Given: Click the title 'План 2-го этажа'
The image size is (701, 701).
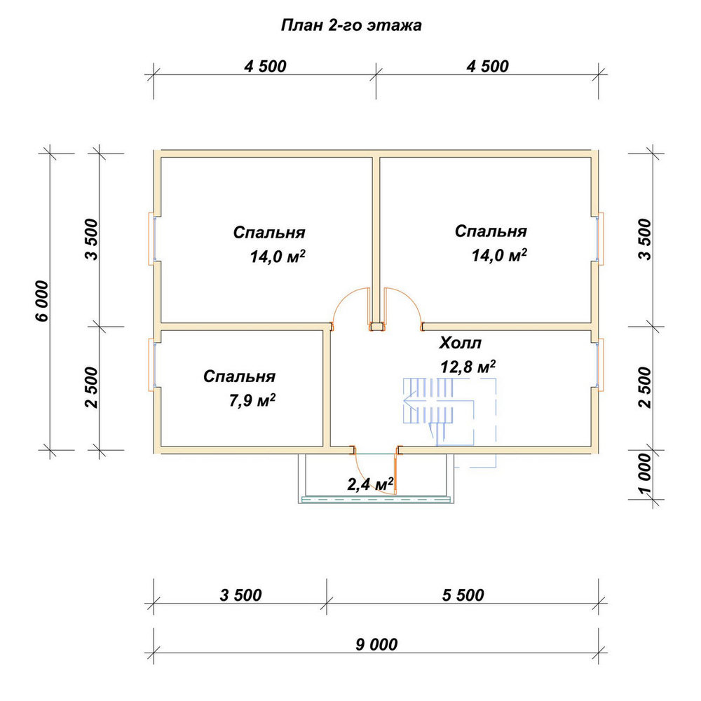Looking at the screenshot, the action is tap(351, 25).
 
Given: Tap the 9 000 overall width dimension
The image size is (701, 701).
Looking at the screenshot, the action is tap(376, 644).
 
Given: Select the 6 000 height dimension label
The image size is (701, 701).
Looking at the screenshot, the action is tap(41, 301).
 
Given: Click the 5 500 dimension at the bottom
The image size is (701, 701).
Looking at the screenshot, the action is tap(463, 595).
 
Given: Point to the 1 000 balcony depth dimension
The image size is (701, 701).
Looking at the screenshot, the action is tap(646, 474).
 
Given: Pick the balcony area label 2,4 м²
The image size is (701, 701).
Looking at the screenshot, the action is tap(371, 484).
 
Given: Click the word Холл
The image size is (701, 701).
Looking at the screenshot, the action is tap(461, 343).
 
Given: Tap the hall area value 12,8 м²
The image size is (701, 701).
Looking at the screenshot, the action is tap(468, 367).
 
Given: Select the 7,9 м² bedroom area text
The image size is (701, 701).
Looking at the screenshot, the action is tap(252, 400).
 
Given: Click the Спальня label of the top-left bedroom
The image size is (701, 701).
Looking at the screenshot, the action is tap(269, 233).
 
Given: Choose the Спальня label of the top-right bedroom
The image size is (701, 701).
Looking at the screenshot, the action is tap(491, 231).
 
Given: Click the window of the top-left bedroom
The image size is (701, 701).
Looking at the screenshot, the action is tap(152, 239).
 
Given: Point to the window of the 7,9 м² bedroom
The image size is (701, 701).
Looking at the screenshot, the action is tap(152, 365).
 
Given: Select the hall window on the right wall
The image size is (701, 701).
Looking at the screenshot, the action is tap(601, 363).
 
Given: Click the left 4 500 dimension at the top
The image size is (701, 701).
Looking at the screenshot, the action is tap(265, 66).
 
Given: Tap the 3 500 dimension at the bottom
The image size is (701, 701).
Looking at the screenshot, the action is tap(240, 595).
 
